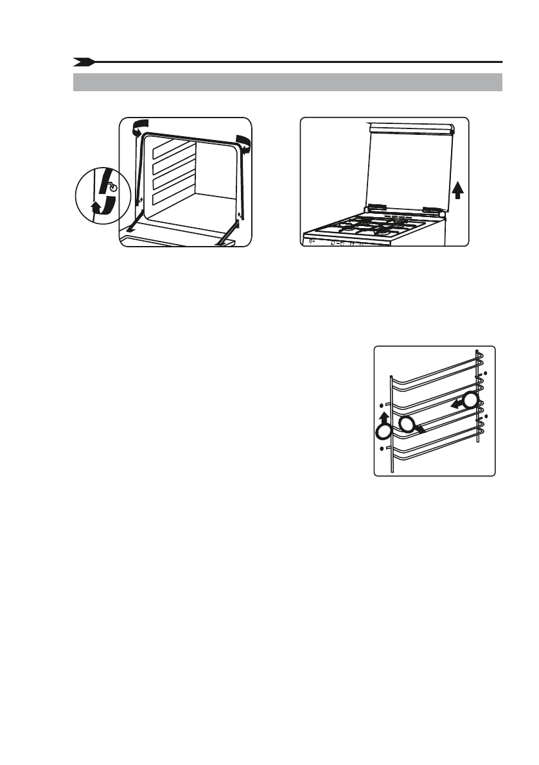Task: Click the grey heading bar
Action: (287, 82)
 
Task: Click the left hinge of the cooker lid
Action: (376, 208)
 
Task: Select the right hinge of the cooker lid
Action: (432, 209)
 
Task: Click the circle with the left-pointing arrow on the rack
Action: (471, 401)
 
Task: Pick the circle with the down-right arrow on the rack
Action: (406, 422)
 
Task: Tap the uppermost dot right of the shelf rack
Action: (486, 373)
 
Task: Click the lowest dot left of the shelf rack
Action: (382, 447)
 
